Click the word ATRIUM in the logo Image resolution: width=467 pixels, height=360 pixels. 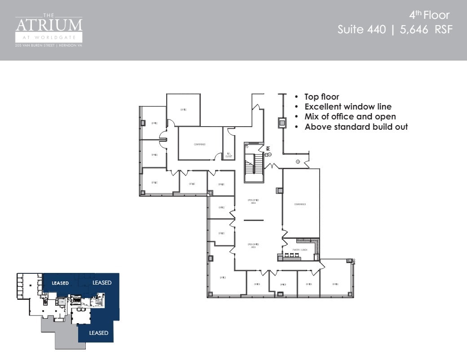pos(49,25)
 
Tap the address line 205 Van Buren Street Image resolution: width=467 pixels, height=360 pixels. pos(49,45)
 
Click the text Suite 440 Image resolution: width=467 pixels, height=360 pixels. pos(361,30)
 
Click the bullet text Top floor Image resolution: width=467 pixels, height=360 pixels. pos(322,97)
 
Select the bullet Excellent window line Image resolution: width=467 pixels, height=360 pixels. pos(348,107)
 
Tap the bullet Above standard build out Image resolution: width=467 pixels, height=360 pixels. pos(356,127)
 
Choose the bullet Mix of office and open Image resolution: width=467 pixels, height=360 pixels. pos(350,117)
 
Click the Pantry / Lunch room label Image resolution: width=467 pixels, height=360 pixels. pos(300,250)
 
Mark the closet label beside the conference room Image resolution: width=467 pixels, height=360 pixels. pos(229,155)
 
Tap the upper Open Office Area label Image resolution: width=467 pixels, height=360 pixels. pos(253,202)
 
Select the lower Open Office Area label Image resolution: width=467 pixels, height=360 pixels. pos(253,245)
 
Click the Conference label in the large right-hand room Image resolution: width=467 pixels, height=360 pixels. pos(300,204)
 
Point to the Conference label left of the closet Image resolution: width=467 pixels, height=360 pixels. pos(199,144)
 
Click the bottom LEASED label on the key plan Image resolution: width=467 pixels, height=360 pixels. pos(98,333)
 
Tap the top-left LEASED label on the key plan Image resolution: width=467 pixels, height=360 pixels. pos(60,283)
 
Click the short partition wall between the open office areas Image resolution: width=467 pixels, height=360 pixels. pos(254,220)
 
